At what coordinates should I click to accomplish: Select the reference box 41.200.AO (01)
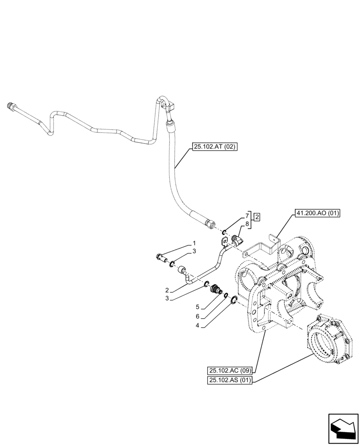(317, 214)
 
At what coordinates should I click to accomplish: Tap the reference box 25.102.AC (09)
(230, 370)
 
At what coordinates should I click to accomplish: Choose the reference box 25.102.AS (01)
(229, 380)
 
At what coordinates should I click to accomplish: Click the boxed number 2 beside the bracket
(257, 218)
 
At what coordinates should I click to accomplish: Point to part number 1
(194, 243)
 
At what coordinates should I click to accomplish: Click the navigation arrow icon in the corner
(343, 429)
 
